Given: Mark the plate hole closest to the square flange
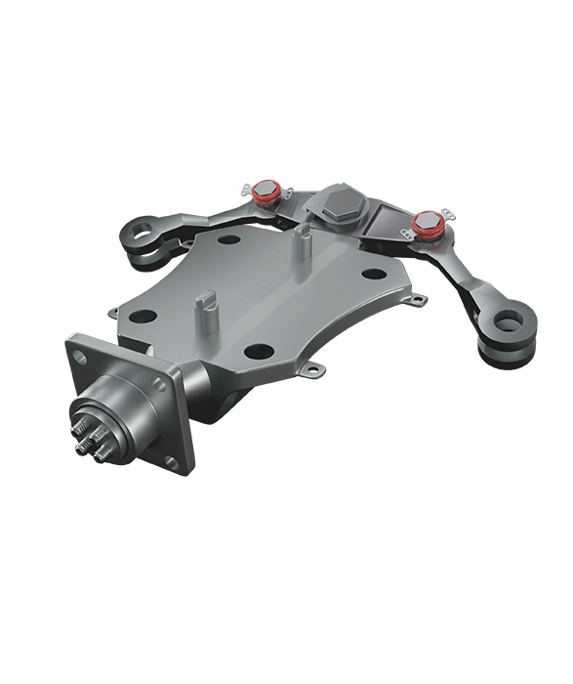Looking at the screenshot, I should pyautogui.click(x=138, y=316).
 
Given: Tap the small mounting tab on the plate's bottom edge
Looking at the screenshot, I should pyautogui.click(x=314, y=370).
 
